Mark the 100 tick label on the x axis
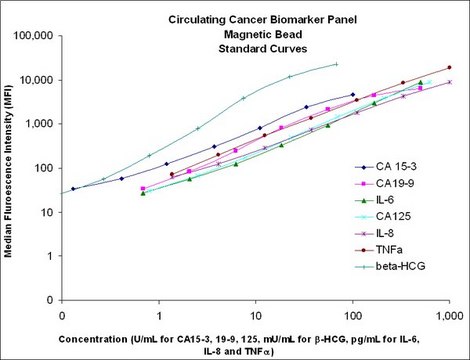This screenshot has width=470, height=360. point(353,313)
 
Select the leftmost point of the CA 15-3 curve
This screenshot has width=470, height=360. point(73,188)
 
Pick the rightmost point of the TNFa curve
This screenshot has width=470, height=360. point(450,67)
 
